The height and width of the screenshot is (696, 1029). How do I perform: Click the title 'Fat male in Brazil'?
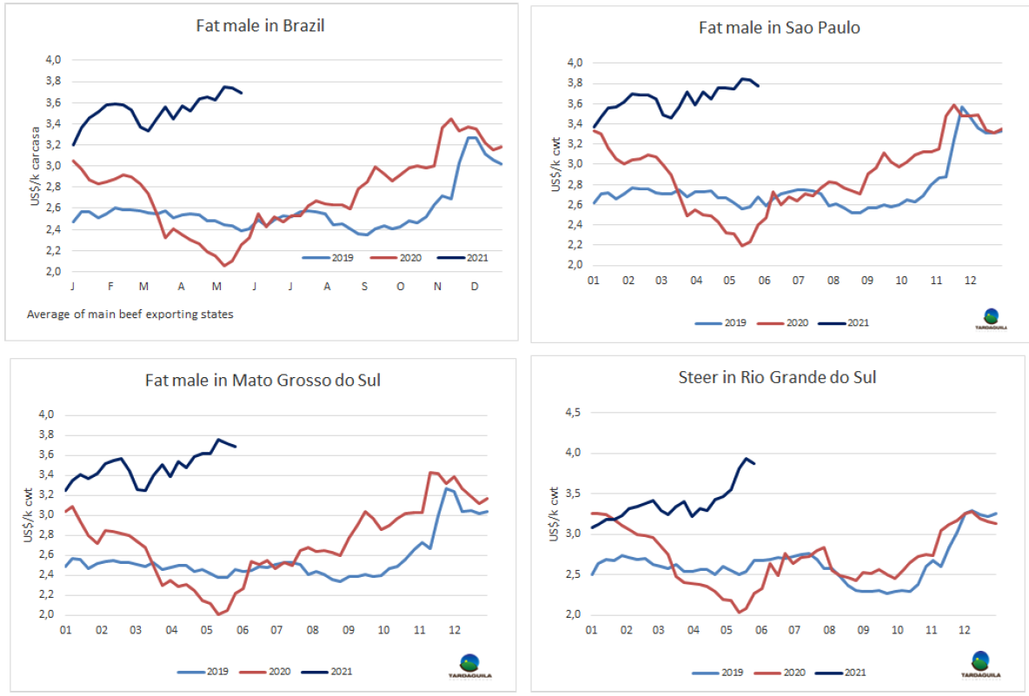261,25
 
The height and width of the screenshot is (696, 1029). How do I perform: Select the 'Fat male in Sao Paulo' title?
779,27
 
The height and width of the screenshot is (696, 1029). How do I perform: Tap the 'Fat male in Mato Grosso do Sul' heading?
262,380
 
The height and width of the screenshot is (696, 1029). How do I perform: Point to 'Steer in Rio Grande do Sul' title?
777,377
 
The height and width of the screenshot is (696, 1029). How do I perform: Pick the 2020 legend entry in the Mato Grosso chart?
264,671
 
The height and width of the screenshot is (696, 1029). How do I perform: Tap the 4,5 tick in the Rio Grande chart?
570,413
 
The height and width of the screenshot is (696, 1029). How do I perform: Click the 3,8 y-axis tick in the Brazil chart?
53,81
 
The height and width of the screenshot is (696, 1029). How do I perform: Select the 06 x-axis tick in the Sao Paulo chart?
765,281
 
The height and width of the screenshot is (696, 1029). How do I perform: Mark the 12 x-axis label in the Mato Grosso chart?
453,630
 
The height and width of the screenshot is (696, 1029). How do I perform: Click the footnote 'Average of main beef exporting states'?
130,315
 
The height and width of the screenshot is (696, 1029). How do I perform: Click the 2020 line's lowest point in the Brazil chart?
224,266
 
